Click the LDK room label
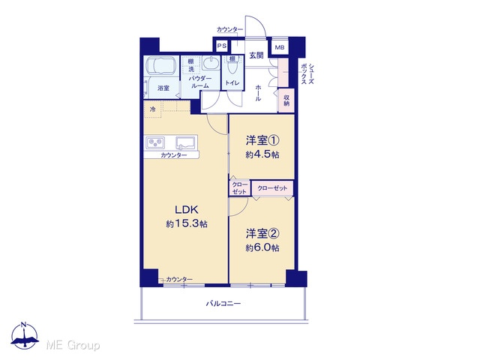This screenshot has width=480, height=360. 187,210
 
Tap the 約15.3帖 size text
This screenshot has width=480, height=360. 187,223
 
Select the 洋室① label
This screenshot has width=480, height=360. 262,140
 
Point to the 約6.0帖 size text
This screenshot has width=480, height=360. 262,247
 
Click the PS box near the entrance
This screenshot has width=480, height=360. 222,46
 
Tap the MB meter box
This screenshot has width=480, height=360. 280,47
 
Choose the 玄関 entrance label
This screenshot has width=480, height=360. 256,55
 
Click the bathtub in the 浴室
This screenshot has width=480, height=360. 161,66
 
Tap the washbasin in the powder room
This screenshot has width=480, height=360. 211,63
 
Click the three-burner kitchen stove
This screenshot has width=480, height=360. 156,142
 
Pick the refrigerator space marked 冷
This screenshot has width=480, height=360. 152,109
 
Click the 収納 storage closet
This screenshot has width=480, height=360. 286,100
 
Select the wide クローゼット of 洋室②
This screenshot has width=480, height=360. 272,188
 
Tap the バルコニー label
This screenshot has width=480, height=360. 223,304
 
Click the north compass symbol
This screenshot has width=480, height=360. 25,335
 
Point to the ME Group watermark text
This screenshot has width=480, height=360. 73,345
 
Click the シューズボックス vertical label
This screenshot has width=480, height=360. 307,73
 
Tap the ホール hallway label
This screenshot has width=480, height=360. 258,93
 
